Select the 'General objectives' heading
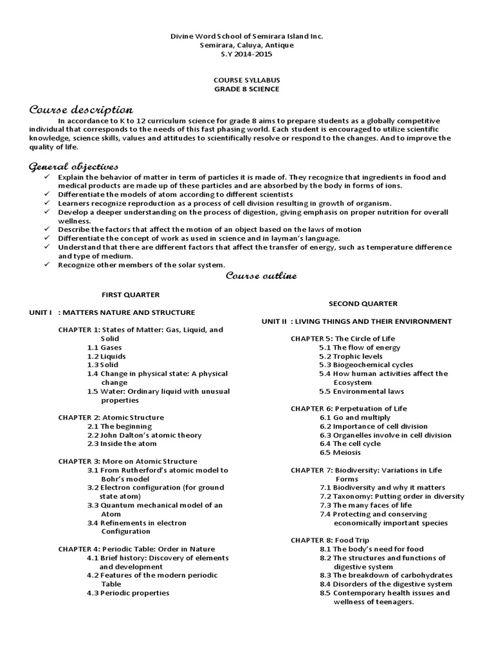[x=73, y=166]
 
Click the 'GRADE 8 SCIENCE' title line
[x=246, y=89]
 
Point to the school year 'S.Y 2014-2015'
[x=246, y=54]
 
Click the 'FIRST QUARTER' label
[x=131, y=294]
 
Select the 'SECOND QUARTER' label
[x=363, y=303]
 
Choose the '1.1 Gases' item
[x=104, y=347]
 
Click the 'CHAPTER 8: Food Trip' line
[x=330, y=540]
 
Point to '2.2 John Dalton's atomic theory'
[x=144, y=435]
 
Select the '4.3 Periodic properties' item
[x=128, y=592]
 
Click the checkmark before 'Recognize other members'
[x=46, y=265]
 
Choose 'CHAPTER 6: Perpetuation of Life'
[x=348, y=408]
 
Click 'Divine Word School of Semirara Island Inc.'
[x=246, y=37]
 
